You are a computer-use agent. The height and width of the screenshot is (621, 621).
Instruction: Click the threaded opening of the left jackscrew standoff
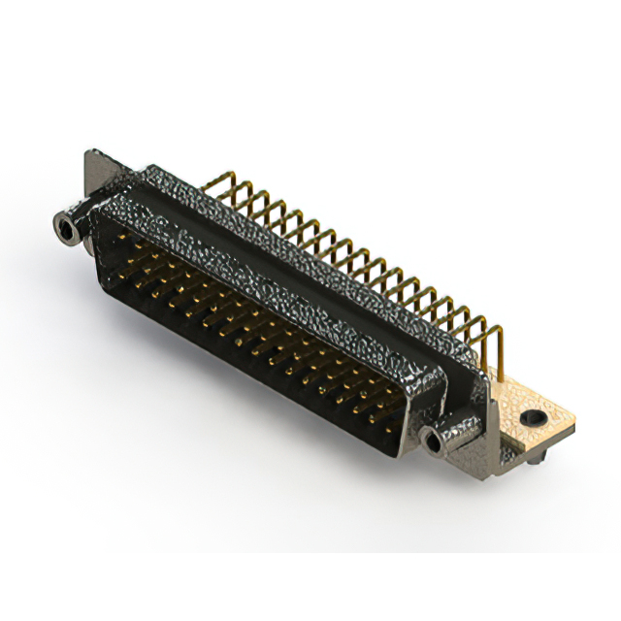click(66, 230)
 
